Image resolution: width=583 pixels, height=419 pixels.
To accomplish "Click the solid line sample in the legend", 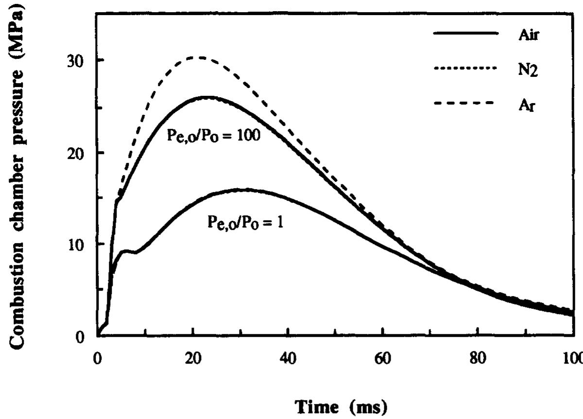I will pyautogui.click(x=465, y=33).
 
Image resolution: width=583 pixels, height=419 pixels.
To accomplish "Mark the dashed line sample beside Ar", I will pyautogui.click(x=465, y=103).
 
